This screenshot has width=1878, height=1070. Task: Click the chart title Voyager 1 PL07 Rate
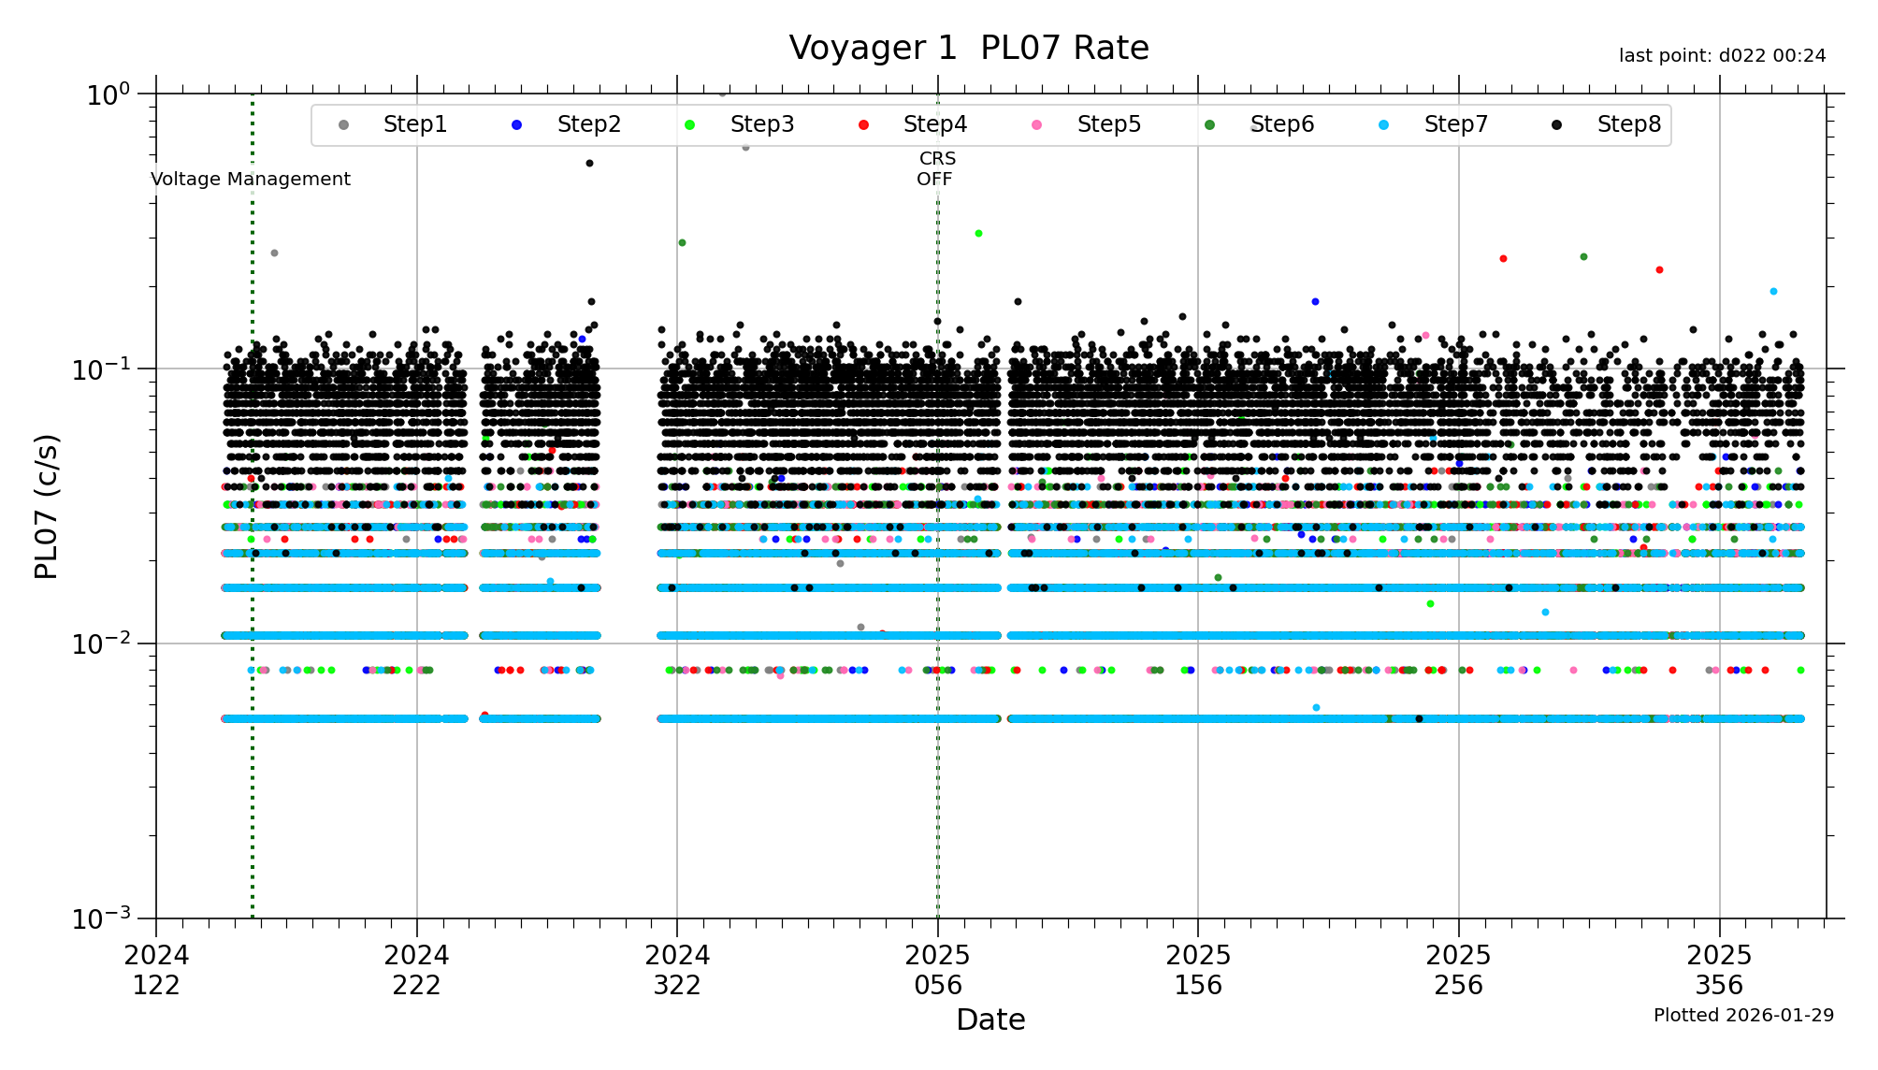click(x=968, y=48)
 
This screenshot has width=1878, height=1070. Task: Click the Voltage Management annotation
click(x=251, y=179)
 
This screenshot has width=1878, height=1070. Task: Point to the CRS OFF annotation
click(x=936, y=169)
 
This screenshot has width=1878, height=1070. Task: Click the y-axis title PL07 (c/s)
click(x=46, y=506)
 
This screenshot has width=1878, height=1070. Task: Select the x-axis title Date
click(x=990, y=1019)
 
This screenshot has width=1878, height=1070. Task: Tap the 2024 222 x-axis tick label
click(x=416, y=970)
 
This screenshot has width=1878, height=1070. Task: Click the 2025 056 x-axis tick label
click(x=938, y=970)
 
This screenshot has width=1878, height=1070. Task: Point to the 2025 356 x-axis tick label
click(x=1719, y=970)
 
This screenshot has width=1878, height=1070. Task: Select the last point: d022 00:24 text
click(x=1722, y=56)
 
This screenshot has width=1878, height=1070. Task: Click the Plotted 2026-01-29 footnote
click(x=1743, y=1015)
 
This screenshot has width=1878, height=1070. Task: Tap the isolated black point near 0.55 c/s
click(x=589, y=163)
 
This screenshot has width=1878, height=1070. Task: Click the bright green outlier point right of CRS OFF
click(x=978, y=233)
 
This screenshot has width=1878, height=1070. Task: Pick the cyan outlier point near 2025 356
click(x=1773, y=291)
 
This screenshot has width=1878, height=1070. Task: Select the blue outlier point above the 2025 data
click(x=1315, y=301)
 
